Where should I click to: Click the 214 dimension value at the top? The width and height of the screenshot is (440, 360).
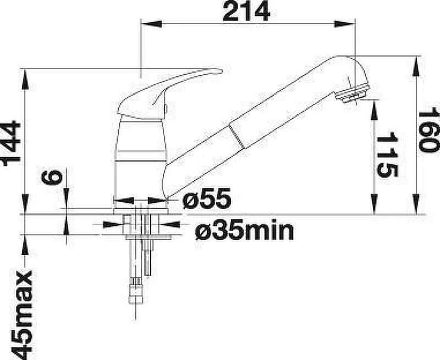[246, 11]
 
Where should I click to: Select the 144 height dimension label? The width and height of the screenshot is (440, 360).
[11, 143]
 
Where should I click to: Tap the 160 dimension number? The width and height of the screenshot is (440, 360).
[428, 130]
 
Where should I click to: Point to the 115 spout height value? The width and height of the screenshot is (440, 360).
[387, 154]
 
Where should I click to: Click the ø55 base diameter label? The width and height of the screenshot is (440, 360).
[207, 198]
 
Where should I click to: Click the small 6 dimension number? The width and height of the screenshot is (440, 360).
[52, 177]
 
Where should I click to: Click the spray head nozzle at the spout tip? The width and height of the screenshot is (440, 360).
[353, 93]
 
